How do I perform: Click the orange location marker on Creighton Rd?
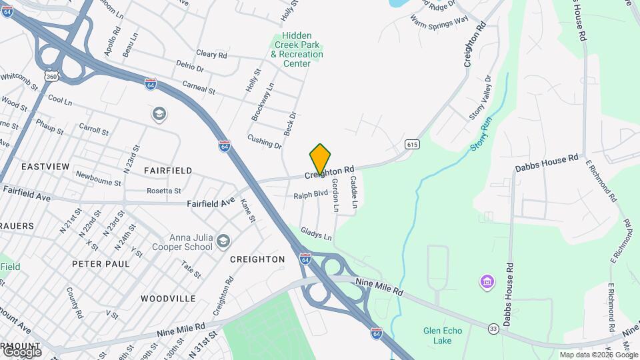(320, 159)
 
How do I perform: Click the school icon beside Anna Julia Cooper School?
(223, 239)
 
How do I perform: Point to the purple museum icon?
(487, 282)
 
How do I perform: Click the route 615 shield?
(411, 144)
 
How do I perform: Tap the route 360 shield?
(51, 77)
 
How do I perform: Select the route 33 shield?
(493, 328)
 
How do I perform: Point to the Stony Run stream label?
(480, 131)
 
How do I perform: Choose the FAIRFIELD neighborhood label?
(168, 171)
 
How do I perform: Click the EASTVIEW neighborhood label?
(45, 166)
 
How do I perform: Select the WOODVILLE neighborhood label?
(169, 298)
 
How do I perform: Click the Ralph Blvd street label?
(311, 195)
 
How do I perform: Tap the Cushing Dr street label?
(265, 141)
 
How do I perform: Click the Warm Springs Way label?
(439, 22)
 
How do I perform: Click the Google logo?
(22, 351)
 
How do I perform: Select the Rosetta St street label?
(164, 191)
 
